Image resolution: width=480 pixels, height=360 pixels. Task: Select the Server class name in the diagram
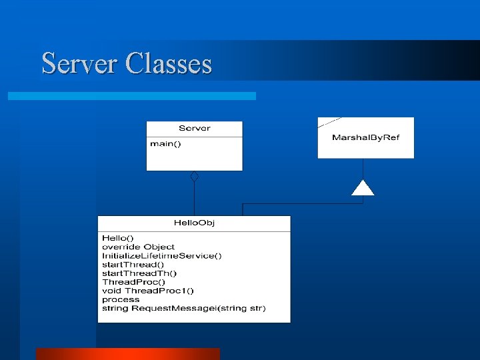(195, 129)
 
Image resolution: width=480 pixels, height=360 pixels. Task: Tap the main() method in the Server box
(165, 143)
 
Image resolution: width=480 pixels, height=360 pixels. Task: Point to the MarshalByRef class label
(365, 138)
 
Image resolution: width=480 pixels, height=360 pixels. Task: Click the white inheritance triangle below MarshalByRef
(363, 188)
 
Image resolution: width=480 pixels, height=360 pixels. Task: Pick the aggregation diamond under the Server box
(194, 176)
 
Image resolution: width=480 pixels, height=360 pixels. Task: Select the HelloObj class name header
(194, 223)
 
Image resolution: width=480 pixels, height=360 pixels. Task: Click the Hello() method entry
(117, 237)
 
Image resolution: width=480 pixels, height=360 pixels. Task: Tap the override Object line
(138, 247)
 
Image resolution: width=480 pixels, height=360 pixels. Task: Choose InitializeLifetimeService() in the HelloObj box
(161, 255)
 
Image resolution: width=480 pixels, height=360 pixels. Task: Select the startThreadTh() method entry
(139, 273)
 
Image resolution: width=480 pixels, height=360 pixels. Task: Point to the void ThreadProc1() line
(147, 291)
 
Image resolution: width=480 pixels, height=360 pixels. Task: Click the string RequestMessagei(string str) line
(183, 308)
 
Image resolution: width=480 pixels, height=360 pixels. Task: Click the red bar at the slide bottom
(127, 354)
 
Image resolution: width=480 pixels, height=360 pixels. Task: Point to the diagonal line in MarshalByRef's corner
(329, 122)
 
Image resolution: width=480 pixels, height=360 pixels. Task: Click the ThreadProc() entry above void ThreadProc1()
(133, 282)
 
